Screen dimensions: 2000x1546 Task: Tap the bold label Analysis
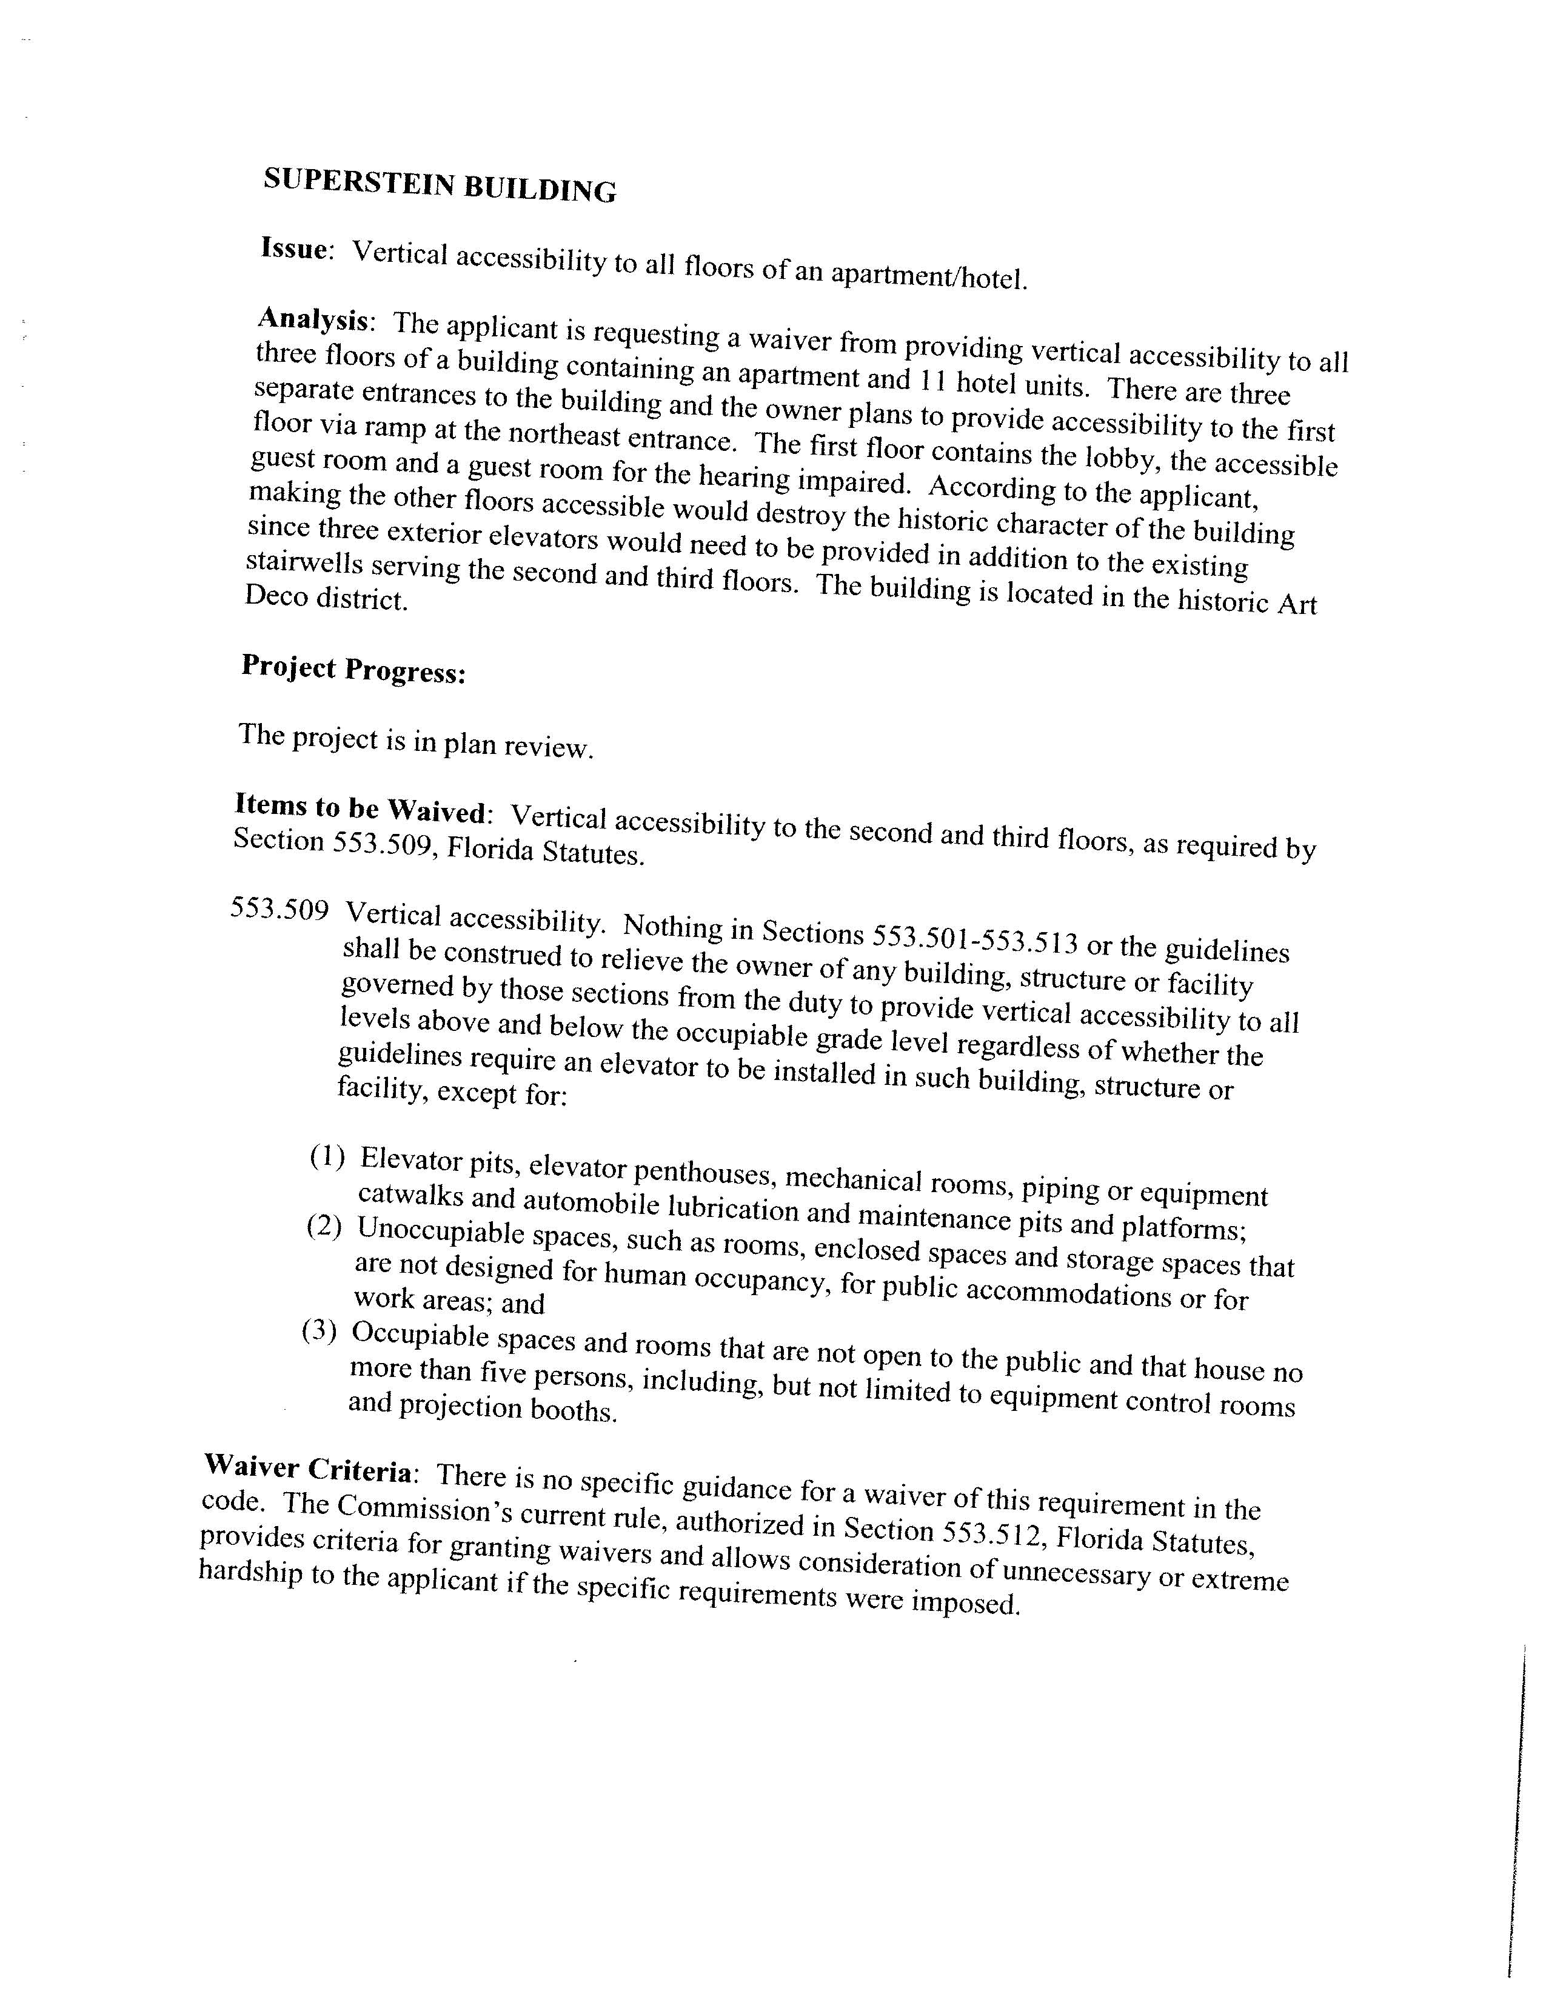coord(314,319)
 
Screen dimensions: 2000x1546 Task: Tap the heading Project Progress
coord(353,670)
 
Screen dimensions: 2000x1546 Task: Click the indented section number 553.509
coord(279,909)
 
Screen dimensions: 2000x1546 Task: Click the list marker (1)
coord(327,1156)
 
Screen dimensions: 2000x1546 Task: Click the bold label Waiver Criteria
coord(308,1468)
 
